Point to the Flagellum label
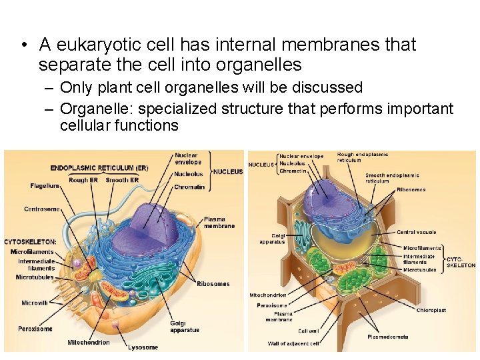[x=45, y=186]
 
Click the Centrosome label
[x=42, y=209]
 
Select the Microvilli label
[x=34, y=303]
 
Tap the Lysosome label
[x=143, y=347]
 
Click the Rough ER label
[x=83, y=180]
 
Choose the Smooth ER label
[x=122, y=180]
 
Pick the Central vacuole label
[x=416, y=233]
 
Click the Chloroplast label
[x=431, y=310]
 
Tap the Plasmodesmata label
[x=387, y=337]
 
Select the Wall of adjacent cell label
[x=293, y=344]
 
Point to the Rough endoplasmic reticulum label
[x=363, y=157]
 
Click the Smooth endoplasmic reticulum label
[x=392, y=178]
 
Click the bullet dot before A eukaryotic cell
[x=23, y=46]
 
